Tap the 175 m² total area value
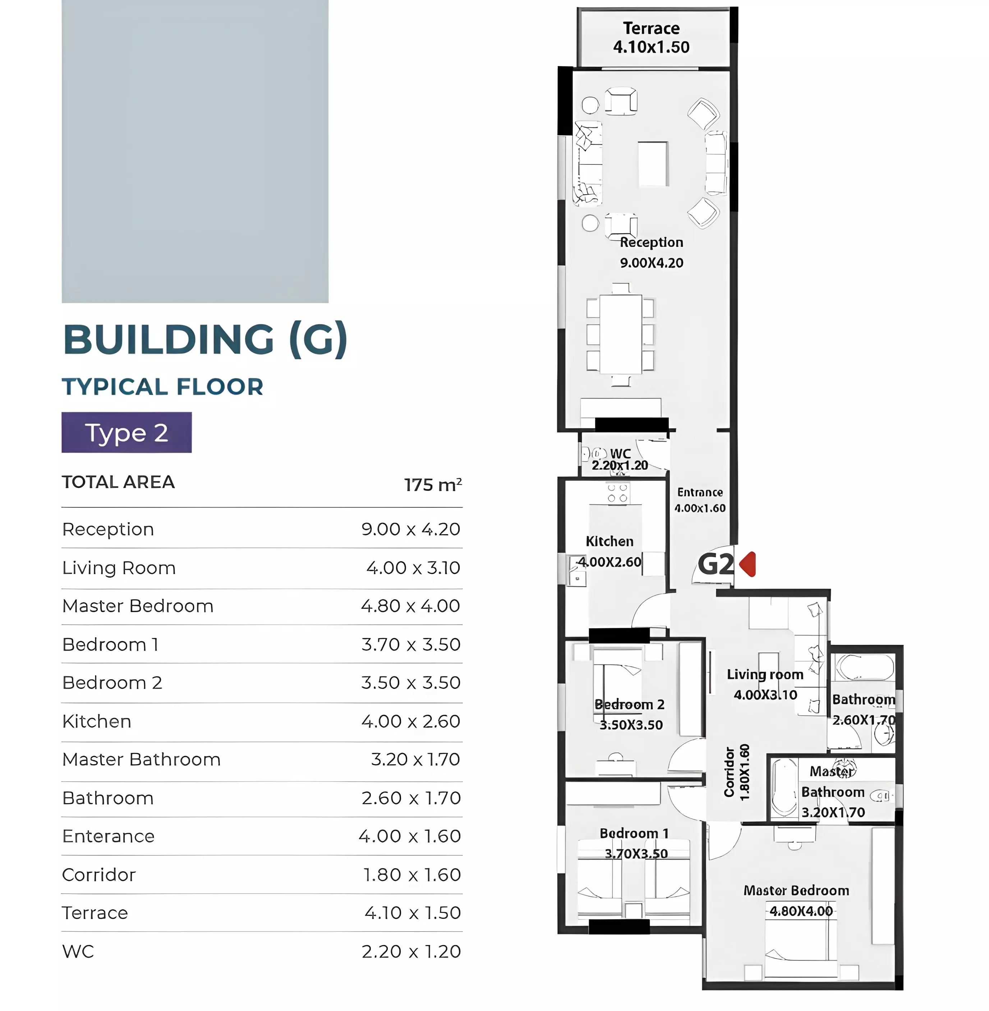433,485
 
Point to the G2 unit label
716,564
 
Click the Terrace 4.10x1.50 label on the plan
652,37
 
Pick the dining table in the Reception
621,334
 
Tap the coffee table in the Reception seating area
653,163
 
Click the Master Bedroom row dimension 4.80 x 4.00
410,606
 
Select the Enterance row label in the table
109,836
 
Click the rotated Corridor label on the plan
729,772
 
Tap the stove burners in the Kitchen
618,493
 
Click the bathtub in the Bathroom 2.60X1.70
864,667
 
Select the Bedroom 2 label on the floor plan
630,704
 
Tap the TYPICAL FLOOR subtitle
162,387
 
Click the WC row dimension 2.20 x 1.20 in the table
411,951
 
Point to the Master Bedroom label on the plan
796,891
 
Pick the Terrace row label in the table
95,913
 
